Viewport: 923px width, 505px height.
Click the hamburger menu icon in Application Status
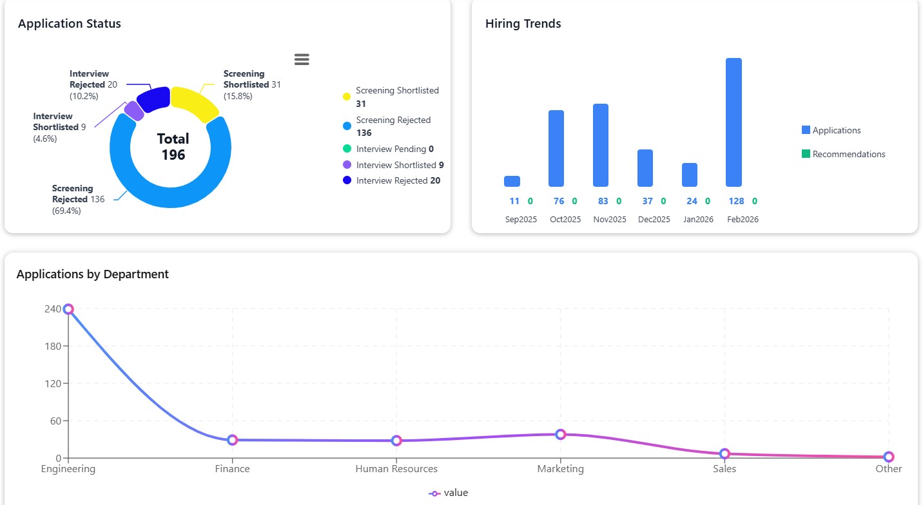pyautogui.click(x=302, y=59)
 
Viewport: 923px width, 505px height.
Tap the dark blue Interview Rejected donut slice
pyautogui.click(x=153, y=99)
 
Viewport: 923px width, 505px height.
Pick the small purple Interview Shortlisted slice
pyautogui.click(x=134, y=111)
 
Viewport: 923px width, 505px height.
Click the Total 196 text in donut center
pyautogui.click(x=173, y=147)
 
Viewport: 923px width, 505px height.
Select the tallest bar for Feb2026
pyautogui.click(x=734, y=122)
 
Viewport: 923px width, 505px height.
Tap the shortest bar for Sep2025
pyautogui.click(x=512, y=181)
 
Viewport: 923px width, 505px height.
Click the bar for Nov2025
pyautogui.click(x=600, y=145)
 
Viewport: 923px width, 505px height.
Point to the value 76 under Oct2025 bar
pyautogui.click(x=558, y=201)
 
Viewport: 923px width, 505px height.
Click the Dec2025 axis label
pyautogui.click(x=654, y=220)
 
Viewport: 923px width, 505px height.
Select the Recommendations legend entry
pyautogui.click(x=848, y=154)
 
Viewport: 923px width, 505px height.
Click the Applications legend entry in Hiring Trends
pyautogui.click(x=836, y=130)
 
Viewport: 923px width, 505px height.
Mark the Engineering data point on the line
pyautogui.click(x=68, y=309)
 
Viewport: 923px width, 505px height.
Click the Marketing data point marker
pyautogui.click(x=560, y=434)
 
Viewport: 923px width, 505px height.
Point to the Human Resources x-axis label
pyautogui.click(x=396, y=469)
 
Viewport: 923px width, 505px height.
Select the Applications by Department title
pyautogui.click(x=92, y=274)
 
